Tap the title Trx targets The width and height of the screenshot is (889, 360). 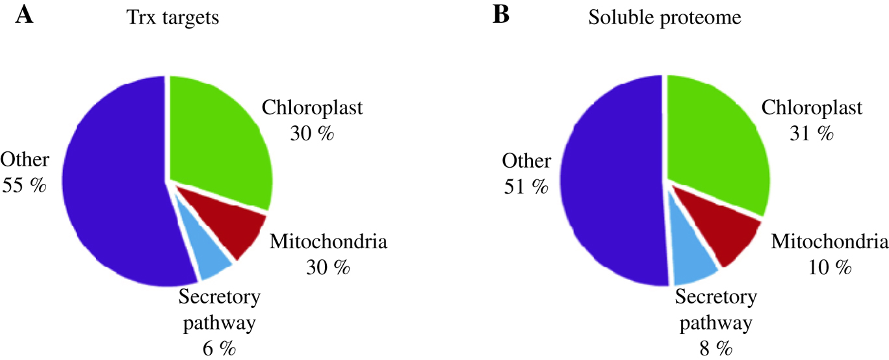172,18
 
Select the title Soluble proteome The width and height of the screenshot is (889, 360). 665,18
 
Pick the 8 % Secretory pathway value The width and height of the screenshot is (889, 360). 715,349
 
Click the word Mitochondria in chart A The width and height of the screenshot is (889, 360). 328,243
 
